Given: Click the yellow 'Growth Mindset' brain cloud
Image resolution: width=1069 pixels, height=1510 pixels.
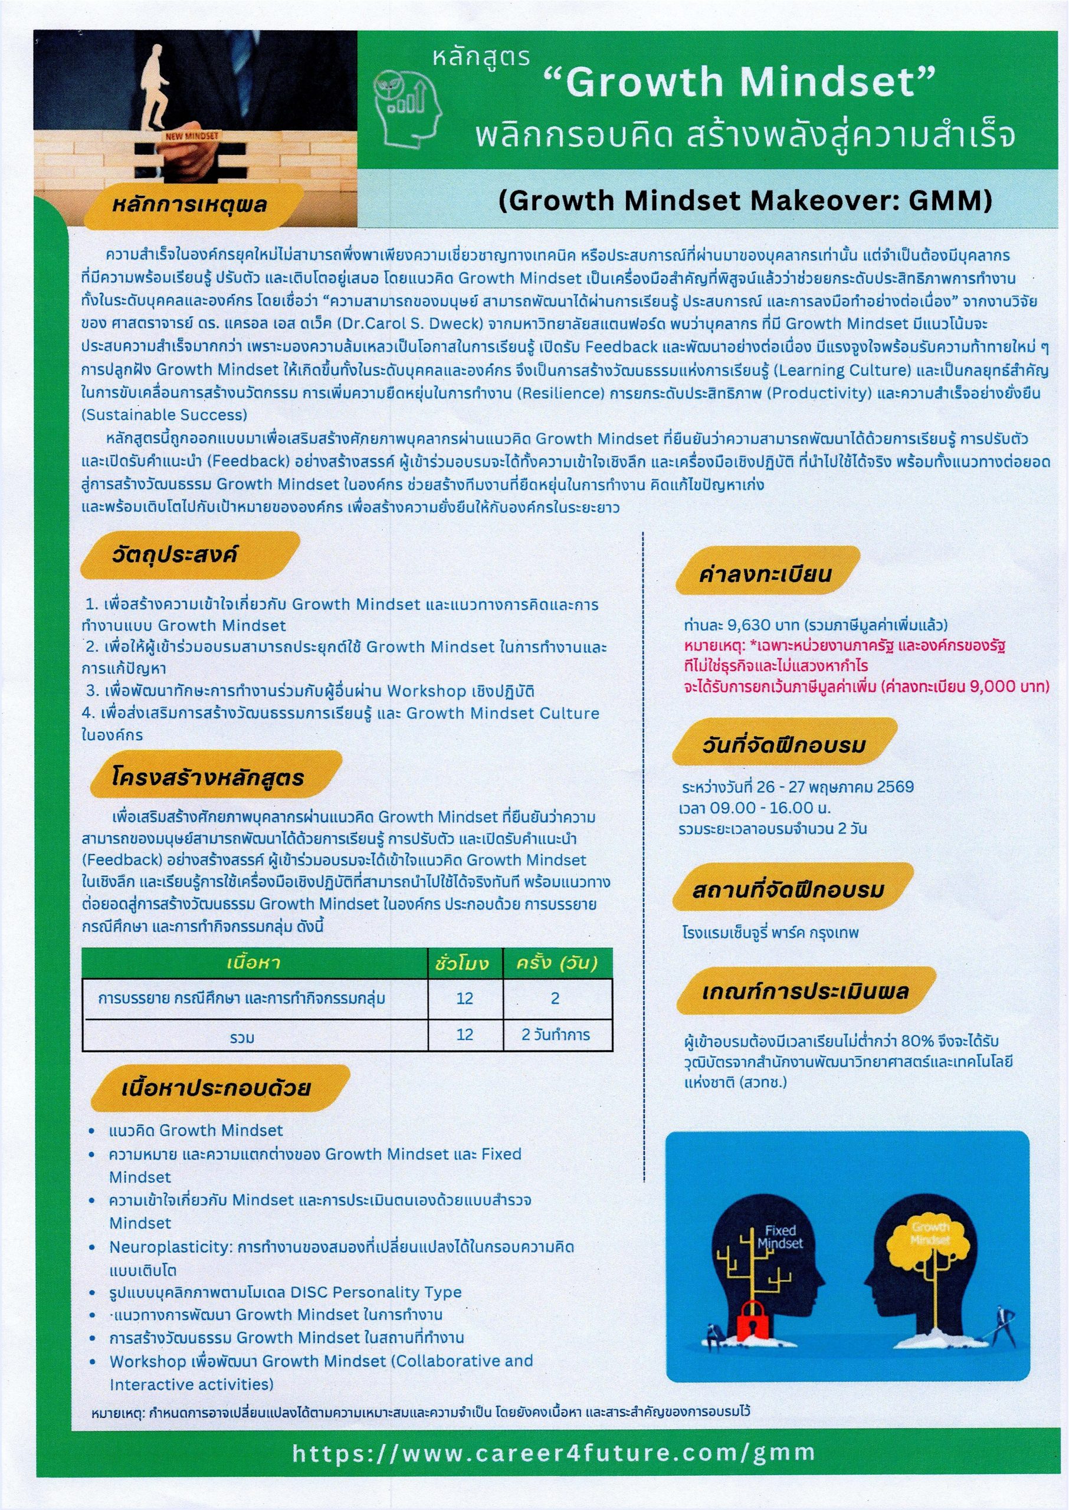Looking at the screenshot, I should tap(930, 1236).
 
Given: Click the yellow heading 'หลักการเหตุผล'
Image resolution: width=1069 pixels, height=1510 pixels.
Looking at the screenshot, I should tap(189, 205).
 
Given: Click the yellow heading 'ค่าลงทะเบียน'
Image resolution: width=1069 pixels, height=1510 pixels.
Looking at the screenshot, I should tap(765, 575).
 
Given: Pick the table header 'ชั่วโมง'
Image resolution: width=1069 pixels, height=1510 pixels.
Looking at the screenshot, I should tap(462, 964).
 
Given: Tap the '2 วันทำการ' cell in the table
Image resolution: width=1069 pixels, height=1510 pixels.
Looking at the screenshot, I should tap(556, 1035).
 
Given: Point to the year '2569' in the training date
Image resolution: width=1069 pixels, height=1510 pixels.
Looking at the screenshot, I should tap(894, 787).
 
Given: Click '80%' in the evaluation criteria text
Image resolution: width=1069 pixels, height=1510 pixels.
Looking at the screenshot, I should tap(922, 1041).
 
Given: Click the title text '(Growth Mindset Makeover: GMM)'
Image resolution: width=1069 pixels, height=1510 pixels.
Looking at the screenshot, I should tap(745, 201).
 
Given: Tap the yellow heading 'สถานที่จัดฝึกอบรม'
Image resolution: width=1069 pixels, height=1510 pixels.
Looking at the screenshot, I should tap(787, 890).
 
